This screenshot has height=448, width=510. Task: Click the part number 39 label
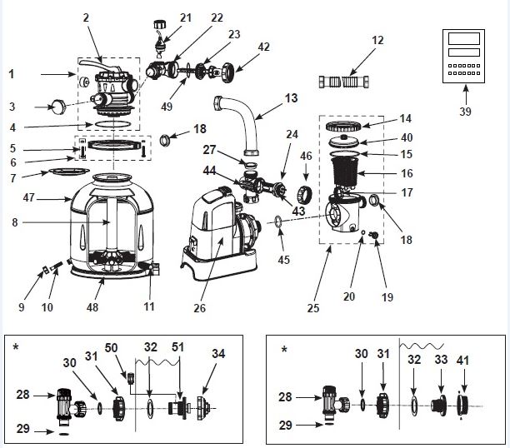465,112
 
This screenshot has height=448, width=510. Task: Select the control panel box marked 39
463,57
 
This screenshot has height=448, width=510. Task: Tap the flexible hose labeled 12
344,82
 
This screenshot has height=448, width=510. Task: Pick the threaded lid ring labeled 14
344,126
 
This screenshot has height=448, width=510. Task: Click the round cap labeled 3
57,107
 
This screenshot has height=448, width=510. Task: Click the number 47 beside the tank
28,197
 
